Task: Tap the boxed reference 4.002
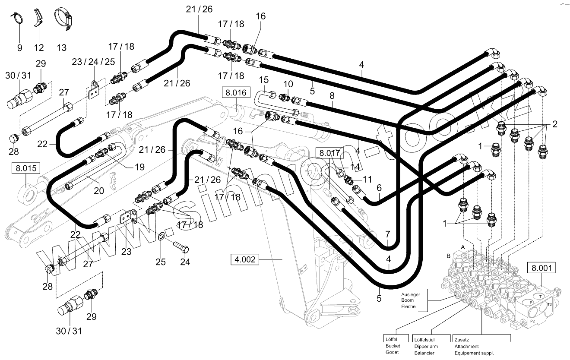point(245,259)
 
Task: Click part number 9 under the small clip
point(19,48)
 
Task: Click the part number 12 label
point(39,48)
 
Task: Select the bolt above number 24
point(181,248)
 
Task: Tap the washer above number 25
point(161,236)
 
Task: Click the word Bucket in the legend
point(393,346)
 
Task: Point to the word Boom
point(408,300)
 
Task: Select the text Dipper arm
point(426,346)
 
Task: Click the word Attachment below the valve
point(466,346)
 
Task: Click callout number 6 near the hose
point(379,188)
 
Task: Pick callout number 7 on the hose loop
point(387,234)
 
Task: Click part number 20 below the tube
point(99,190)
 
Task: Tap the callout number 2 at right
point(554,124)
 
